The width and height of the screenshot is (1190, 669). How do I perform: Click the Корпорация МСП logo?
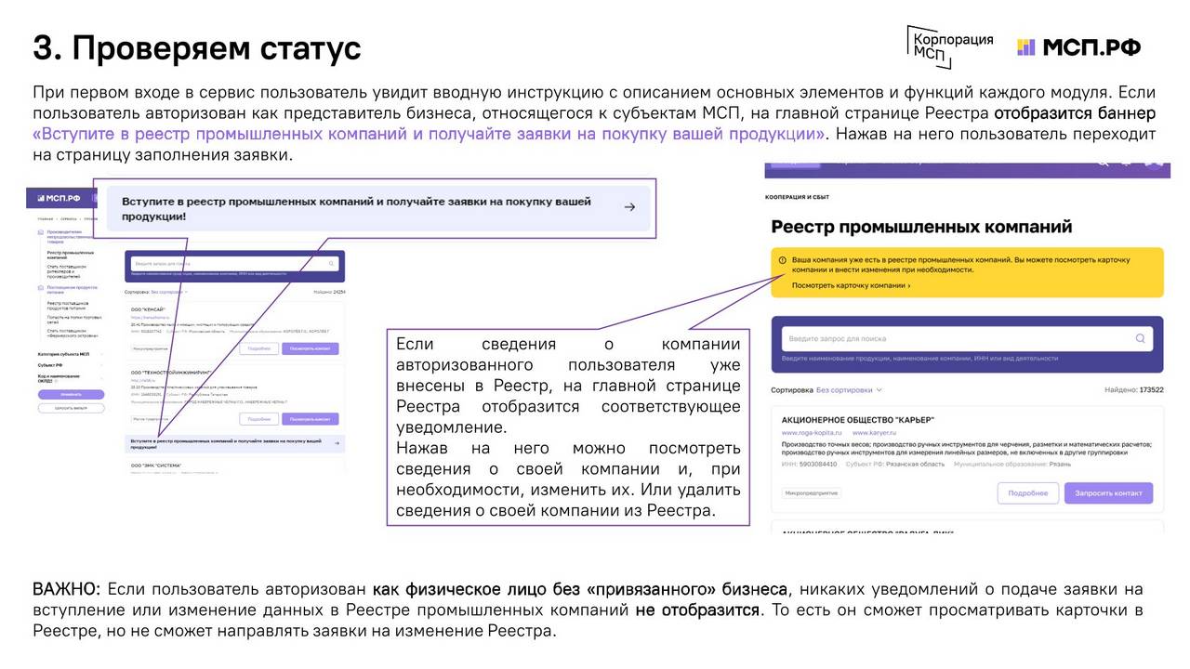pos(950,46)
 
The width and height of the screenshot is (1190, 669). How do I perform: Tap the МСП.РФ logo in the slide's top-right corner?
pos(1078,47)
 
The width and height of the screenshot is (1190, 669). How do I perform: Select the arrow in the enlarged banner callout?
pos(629,207)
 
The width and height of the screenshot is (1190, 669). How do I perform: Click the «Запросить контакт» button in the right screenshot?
pos(1108,492)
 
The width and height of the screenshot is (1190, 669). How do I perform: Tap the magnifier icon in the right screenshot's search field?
pos(1140,339)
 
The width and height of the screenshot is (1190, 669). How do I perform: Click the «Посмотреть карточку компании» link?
pos(851,285)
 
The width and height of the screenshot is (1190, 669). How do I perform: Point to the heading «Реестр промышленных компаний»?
pos(921,227)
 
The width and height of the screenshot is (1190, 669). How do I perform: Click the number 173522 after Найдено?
pos(1144,390)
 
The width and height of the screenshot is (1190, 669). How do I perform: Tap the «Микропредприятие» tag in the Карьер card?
pos(811,493)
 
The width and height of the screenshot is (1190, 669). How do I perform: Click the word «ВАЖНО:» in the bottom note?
pos(66,589)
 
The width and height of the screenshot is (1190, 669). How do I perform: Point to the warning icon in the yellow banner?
pos(782,260)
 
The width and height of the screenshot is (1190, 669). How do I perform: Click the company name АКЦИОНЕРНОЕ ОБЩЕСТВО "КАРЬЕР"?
pos(857,419)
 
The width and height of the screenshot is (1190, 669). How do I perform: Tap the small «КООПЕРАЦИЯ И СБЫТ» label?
pos(797,197)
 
